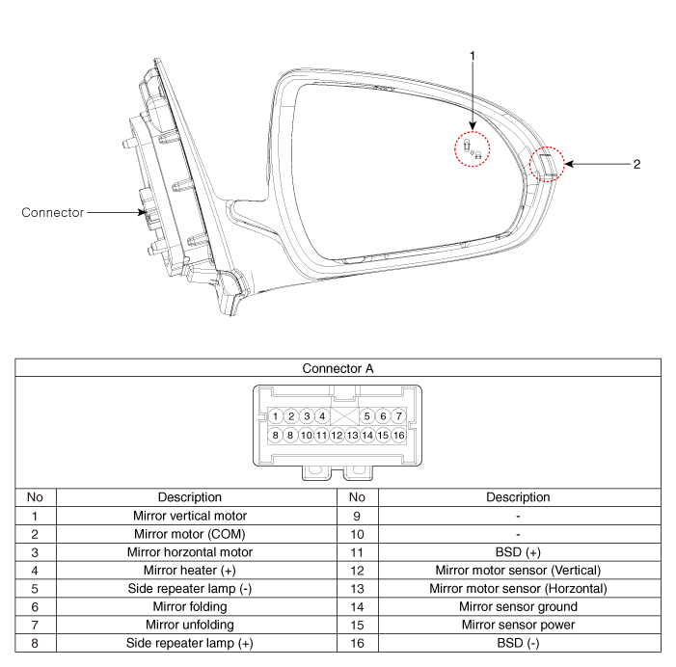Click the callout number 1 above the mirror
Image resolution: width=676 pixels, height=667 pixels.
[473, 56]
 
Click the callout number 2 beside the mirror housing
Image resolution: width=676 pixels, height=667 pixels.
[636, 164]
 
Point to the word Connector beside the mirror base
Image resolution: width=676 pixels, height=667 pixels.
[53, 212]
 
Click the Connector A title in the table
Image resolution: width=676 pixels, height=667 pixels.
[338, 368]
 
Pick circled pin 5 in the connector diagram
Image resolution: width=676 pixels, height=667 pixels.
[366, 416]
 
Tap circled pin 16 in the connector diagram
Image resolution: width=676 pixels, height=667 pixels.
[399, 435]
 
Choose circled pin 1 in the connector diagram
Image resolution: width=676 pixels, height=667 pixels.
[276, 416]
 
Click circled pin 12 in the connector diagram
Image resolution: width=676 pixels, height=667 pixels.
[337, 435]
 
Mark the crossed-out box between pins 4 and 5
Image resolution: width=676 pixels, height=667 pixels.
[344, 416]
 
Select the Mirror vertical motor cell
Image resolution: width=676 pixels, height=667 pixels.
[190, 516]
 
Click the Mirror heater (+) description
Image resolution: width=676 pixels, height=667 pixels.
[190, 571]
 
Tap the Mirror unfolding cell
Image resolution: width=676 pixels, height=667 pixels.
[190, 625]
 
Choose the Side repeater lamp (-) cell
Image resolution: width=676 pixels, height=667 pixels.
[190, 589]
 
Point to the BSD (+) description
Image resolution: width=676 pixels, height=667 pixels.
[518, 552]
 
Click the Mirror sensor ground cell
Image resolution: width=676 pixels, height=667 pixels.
[518, 606]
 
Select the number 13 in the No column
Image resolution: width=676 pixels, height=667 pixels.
[357, 589]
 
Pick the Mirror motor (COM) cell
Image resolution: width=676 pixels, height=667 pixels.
[190, 534]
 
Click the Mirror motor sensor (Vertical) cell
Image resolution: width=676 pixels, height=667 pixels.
[518, 571]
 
